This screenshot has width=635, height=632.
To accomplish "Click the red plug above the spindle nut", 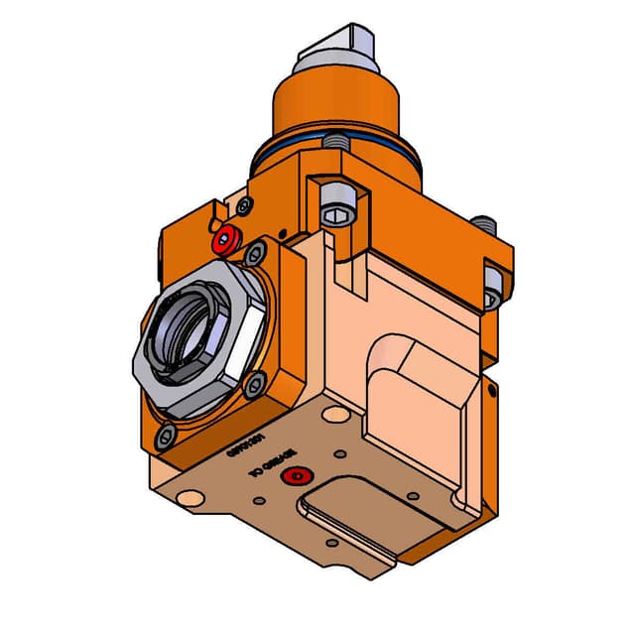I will click(x=226, y=239).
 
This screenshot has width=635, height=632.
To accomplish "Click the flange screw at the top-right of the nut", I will click(x=257, y=250).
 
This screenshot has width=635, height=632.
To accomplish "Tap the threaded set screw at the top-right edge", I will click(x=483, y=225).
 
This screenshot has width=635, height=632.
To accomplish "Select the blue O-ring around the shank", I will click(x=298, y=149).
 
